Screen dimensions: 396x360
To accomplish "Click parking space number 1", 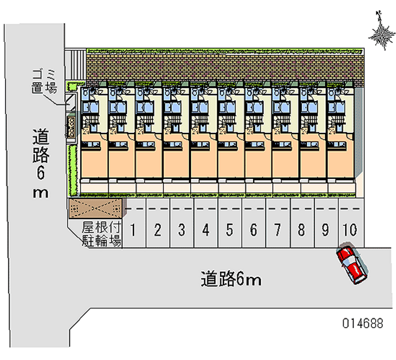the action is point(134,229).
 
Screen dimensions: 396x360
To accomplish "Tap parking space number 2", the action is point(157,229).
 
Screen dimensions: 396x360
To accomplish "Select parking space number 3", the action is point(182,229).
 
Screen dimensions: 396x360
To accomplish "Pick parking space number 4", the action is point(206,229).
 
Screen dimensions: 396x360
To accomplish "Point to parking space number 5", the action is point(230,229).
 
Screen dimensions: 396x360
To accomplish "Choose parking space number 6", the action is point(253,229).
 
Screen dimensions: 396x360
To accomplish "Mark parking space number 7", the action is point(278,229).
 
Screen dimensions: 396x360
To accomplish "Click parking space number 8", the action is point(301,229).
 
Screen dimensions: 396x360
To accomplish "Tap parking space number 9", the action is point(325,229).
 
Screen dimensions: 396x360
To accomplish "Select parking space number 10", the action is point(349,229).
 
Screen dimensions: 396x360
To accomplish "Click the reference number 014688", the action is point(362,323).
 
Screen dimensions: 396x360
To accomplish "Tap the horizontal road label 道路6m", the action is point(231,280).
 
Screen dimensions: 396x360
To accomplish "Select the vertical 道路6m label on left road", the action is point(41,163).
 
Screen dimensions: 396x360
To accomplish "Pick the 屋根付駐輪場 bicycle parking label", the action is point(101,235).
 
